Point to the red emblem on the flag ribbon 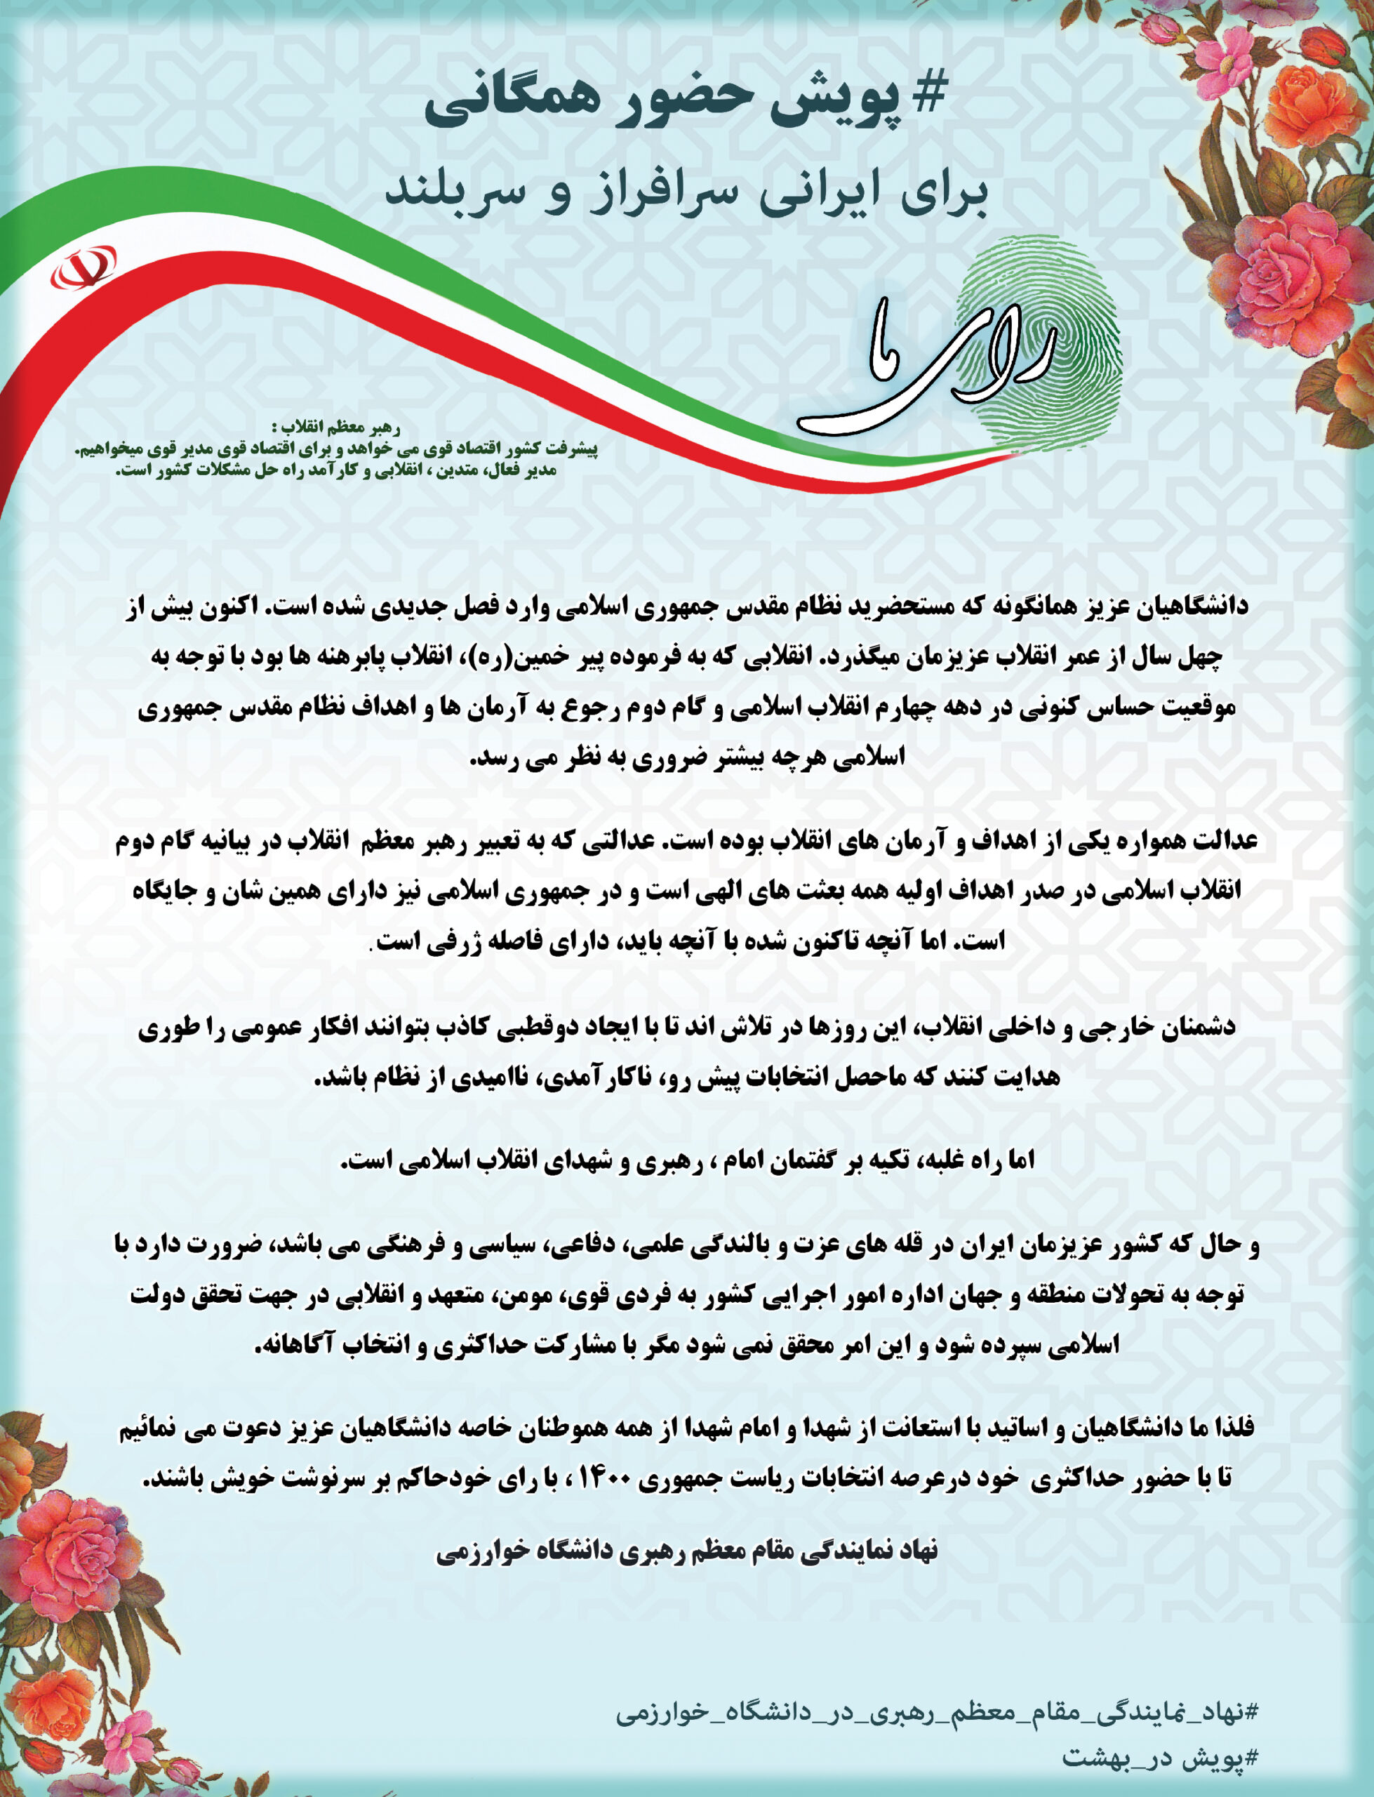coord(83,267)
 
